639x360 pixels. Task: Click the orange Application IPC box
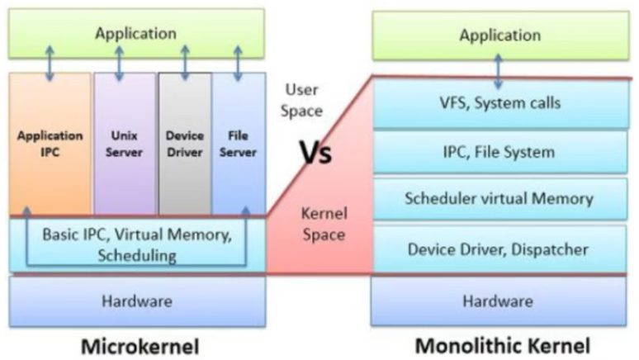pyautogui.click(x=50, y=144)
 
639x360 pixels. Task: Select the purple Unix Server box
pyautogui.click(x=125, y=144)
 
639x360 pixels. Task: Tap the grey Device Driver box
pyautogui.click(x=185, y=144)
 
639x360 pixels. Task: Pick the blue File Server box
pyautogui.click(x=239, y=144)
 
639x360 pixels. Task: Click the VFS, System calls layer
pyautogui.click(x=501, y=103)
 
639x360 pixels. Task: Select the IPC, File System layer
pyautogui.click(x=500, y=152)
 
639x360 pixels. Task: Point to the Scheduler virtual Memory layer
pyautogui.click(x=499, y=198)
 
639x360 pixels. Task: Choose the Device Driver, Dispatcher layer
pyautogui.click(x=499, y=249)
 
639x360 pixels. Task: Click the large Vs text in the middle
pyautogui.click(x=316, y=153)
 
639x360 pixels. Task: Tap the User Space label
pyautogui.click(x=301, y=100)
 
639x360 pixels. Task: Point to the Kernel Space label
pyautogui.click(x=324, y=225)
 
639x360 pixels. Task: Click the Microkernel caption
pyautogui.click(x=140, y=347)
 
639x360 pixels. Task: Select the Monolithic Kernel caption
pyautogui.click(x=503, y=346)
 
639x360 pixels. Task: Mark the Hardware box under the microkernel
pyautogui.click(x=137, y=301)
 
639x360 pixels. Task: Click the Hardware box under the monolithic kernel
pyautogui.click(x=499, y=301)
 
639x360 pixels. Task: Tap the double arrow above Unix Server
pyautogui.click(x=120, y=64)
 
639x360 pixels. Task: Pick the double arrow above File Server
pyautogui.click(x=238, y=64)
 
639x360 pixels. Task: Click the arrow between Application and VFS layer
pyautogui.click(x=498, y=72)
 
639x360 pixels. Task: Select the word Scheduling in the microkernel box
pyautogui.click(x=137, y=256)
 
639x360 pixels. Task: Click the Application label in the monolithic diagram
pyautogui.click(x=500, y=35)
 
